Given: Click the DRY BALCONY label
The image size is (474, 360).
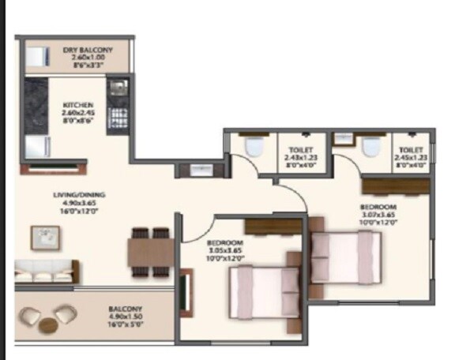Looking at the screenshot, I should tap(88, 51).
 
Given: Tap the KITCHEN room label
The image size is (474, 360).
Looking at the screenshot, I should tap(78, 105).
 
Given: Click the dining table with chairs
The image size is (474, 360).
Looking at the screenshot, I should tap(151, 252).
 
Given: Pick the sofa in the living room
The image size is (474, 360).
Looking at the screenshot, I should tap(45, 271).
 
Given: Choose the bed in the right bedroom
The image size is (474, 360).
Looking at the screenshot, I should tap(344, 259).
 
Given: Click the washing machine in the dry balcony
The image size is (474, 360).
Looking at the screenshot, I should tap(38, 57).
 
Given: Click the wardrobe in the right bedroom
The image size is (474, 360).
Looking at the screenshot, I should tap(396, 186).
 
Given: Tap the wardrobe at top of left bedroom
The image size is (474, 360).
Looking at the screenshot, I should tap(272, 226).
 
